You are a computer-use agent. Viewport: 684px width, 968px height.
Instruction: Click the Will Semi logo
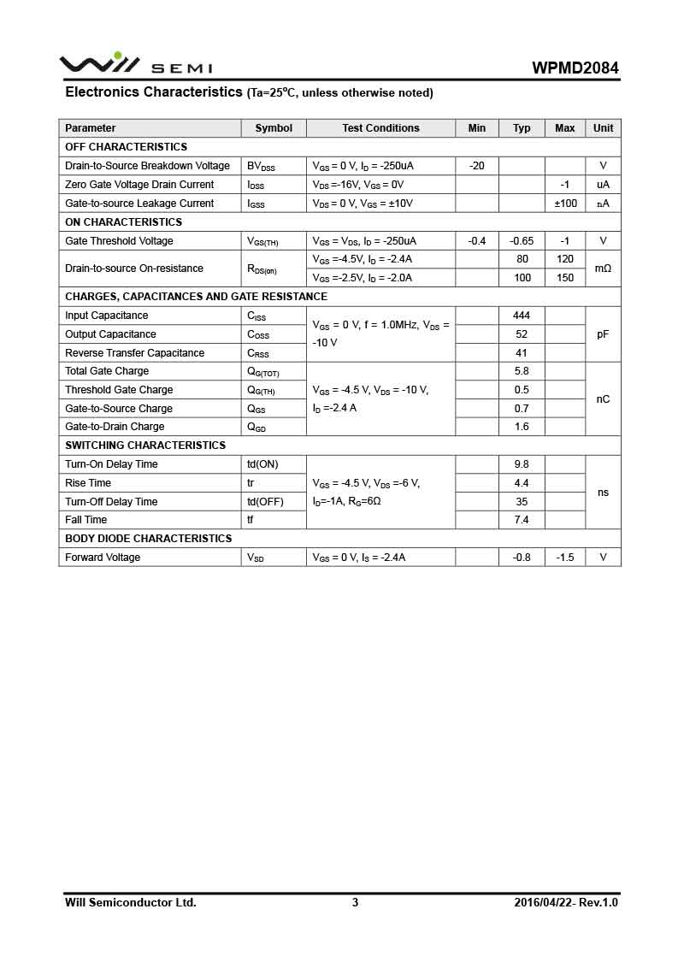pos(135,65)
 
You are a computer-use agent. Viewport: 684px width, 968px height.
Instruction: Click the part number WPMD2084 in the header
pos(575,68)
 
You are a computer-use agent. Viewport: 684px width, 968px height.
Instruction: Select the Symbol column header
pos(274,128)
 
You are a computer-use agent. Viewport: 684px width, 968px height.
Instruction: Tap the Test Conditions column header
pos(380,128)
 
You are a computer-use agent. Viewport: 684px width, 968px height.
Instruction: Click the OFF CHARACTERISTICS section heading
pos(126,147)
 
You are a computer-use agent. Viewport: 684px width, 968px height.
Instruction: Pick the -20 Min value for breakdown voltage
pos(477,166)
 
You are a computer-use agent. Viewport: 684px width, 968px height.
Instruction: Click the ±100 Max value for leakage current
pos(565,204)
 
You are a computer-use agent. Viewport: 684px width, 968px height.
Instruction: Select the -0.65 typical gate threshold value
pos(522,241)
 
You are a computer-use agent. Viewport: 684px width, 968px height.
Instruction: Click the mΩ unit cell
pos(603,269)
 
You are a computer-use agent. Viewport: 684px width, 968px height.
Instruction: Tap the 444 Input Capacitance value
pos(522,316)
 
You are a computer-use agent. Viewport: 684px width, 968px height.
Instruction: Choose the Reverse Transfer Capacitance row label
pos(134,353)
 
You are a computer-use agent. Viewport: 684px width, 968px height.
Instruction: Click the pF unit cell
pos(603,334)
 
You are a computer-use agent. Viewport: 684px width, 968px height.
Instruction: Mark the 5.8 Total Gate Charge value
pos(522,371)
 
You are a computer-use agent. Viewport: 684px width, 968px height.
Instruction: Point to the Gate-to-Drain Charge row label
pos(115,427)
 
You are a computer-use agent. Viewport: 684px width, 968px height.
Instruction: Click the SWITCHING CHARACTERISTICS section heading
pos(145,446)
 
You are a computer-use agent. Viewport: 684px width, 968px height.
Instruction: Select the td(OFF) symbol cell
pos(265,502)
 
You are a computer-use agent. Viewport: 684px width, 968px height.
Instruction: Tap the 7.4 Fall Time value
pos(522,520)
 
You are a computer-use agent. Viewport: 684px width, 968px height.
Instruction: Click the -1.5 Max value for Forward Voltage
pos(565,558)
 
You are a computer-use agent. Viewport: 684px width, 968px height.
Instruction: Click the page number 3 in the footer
pos(355,902)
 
